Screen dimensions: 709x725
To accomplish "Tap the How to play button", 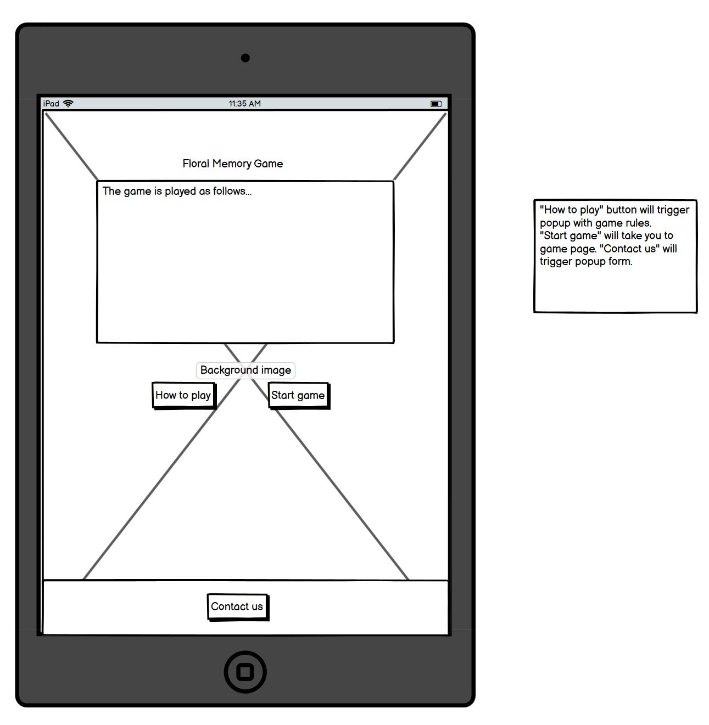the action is pyautogui.click(x=183, y=395).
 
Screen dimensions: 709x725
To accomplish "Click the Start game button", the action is pyautogui.click(x=298, y=395).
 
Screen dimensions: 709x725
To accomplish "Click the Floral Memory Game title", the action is pyautogui.click(x=233, y=164).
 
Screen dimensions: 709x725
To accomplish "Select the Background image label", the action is pyautogui.click(x=245, y=370).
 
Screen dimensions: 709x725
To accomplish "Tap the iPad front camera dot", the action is pyautogui.click(x=245, y=58).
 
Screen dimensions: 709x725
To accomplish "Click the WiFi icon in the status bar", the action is pyautogui.click(x=68, y=104).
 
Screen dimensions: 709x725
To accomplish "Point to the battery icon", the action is pyautogui.click(x=436, y=104).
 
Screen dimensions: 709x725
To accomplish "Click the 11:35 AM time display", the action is pyautogui.click(x=245, y=104).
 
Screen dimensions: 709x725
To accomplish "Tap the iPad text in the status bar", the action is pyautogui.click(x=51, y=104).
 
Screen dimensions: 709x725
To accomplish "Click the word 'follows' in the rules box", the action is pyautogui.click(x=231, y=191).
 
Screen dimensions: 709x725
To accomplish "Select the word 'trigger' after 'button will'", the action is pyautogui.click(x=673, y=210).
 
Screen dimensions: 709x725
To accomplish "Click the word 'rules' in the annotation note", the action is pyautogui.click(x=637, y=223).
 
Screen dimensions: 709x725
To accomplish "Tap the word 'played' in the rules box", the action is pyautogui.click(x=180, y=192).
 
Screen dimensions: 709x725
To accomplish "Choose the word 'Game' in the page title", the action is pyautogui.click(x=269, y=164).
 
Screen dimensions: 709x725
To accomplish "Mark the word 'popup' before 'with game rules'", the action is pyautogui.click(x=555, y=223).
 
